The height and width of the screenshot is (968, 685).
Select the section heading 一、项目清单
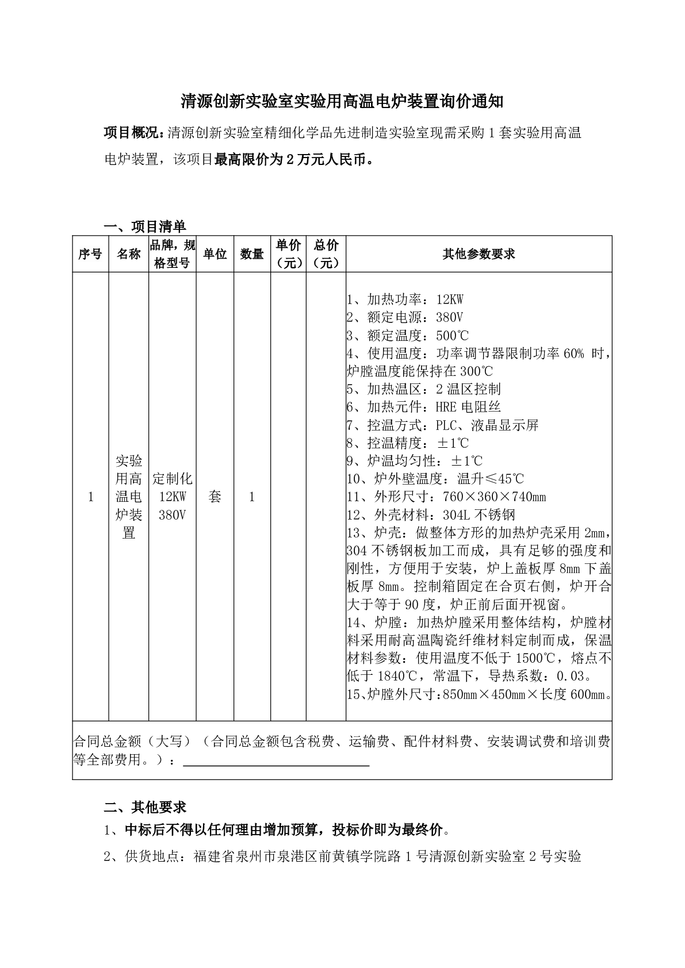(x=145, y=226)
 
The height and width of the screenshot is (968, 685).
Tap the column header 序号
(x=90, y=254)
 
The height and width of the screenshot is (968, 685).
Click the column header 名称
(x=129, y=254)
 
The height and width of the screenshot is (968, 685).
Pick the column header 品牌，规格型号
(x=173, y=254)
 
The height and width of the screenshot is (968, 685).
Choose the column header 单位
(x=215, y=254)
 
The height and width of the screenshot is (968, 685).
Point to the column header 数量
(x=252, y=254)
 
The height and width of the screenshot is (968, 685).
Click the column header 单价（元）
(x=289, y=254)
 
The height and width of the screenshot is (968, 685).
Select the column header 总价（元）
(x=326, y=254)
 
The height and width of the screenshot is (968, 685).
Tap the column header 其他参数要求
(x=479, y=254)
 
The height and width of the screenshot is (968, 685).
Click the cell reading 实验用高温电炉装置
(x=129, y=497)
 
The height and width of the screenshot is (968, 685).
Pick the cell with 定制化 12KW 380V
(x=173, y=497)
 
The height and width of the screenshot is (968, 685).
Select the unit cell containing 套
(x=215, y=497)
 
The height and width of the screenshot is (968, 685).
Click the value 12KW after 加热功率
(x=450, y=299)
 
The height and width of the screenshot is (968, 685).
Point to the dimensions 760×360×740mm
(x=495, y=497)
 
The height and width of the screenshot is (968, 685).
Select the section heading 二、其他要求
(x=145, y=807)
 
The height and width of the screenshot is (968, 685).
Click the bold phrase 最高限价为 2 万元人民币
(x=291, y=159)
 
